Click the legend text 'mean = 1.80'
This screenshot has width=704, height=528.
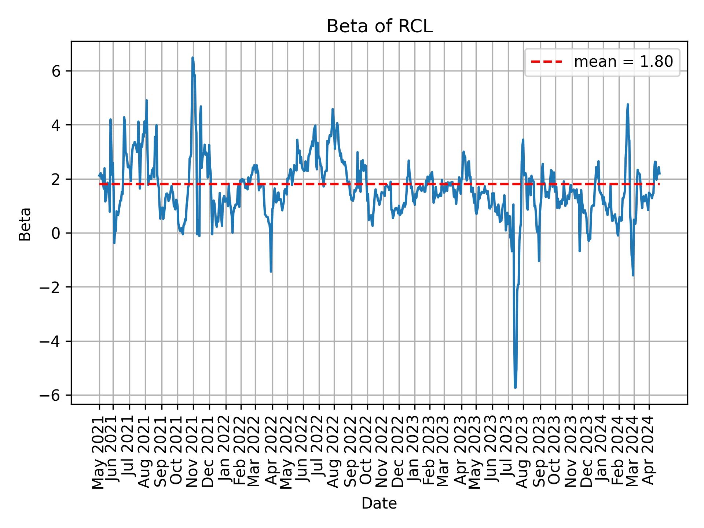(x=623, y=62)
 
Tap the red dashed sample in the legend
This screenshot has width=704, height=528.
(x=546, y=62)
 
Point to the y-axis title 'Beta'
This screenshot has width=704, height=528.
(x=25, y=224)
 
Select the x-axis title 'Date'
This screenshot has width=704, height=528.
(x=379, y=504)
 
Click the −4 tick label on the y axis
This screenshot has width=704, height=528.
(x=51, y=341)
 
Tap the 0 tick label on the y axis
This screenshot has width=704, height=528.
(x=56, y=233)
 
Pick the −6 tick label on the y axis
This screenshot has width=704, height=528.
(x=51, y=395)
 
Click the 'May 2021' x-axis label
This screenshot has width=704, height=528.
(x=99, y=452)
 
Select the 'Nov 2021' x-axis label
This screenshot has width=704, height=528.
(x=193, y=452)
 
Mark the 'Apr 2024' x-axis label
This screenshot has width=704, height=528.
(x=649, y=452)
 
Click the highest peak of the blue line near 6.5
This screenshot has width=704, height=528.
(x=192, y=58)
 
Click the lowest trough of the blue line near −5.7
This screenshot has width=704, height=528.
(x=515, y=387)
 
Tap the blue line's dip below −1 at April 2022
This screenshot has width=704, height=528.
(x=271, y=271)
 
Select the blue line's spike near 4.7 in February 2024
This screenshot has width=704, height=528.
(x=628, y=105)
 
